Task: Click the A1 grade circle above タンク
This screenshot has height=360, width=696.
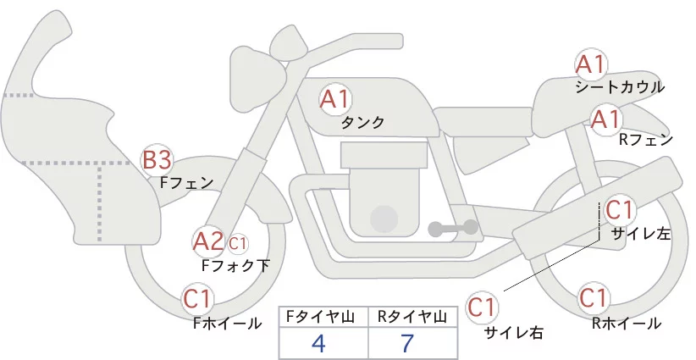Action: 334,100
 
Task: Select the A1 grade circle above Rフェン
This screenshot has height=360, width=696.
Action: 606,119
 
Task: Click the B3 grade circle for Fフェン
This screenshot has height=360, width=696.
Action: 157,159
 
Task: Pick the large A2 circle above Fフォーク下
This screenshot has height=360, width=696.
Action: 208,242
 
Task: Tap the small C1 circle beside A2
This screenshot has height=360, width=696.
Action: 238,243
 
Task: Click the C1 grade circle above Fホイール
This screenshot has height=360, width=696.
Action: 200,299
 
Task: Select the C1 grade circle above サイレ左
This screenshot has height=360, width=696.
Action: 620,209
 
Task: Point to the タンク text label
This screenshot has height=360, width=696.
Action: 362,123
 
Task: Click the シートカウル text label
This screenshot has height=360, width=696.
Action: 620,87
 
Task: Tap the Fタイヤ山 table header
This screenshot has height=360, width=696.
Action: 323,317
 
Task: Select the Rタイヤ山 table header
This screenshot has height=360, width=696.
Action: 415,317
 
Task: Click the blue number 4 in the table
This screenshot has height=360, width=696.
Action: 318,344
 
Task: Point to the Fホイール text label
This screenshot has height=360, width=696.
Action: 227,324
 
